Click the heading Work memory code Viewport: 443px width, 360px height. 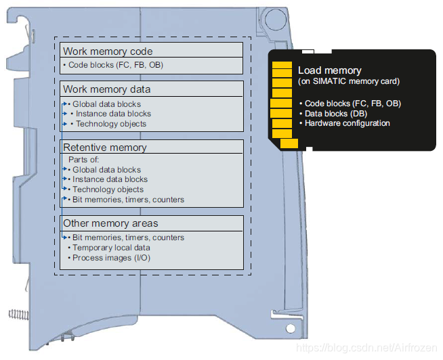click(x=108, y=51)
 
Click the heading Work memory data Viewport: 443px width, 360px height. click(x=107, y=89)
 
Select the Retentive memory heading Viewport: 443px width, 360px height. click(x=105, y=148)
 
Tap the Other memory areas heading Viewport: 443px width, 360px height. click(x=110, y=223)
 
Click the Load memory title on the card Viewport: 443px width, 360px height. click(x=330, y=70)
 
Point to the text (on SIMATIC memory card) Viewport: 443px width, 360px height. click(x=349, y=81)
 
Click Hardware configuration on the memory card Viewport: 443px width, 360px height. click(x=347, y=123)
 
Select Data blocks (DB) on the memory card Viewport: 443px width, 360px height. click(x=336, y=114)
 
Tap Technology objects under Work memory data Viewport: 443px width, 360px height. click(x=111, y=124)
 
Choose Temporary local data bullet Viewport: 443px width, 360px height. click(x=111, y=248)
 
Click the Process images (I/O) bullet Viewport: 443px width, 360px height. click(x=111, y=258)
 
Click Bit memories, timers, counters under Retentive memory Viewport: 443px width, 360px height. click(x=128, y=200)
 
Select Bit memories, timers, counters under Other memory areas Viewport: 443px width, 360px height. click(x=128, y=238)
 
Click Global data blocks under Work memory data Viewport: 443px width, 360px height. click(x=106, y=104)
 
